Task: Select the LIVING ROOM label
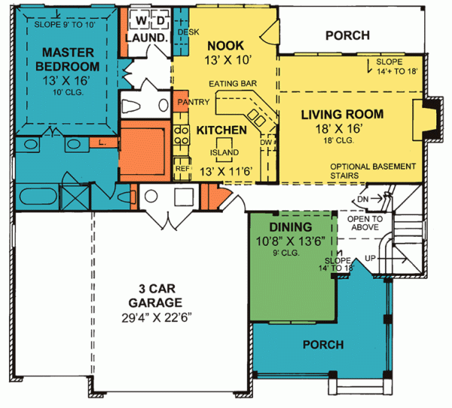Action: tap(343, 115)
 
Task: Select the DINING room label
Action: tap(290, 227)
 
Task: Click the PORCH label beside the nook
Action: tap(347, 35)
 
